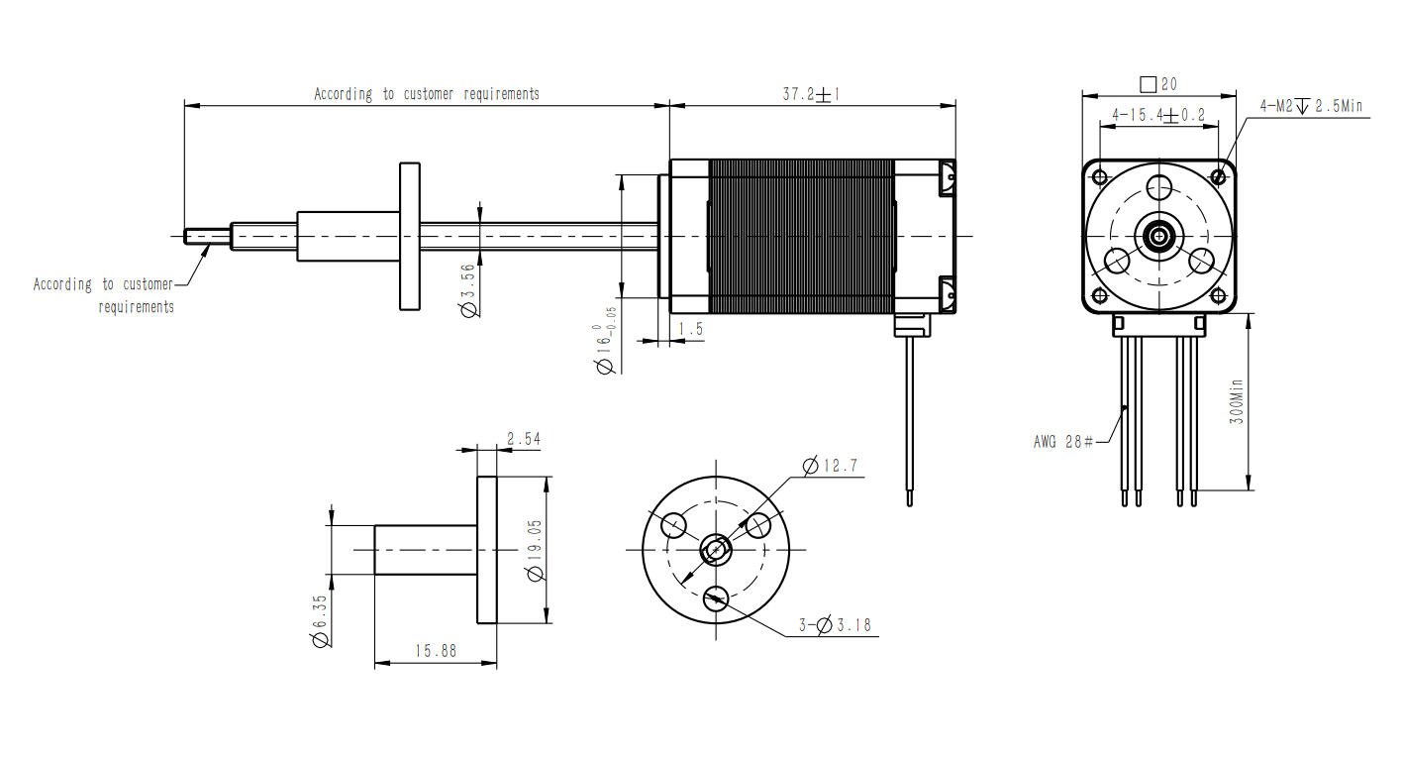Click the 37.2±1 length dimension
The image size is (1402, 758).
coord(811,94)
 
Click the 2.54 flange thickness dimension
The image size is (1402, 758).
coord(523,438)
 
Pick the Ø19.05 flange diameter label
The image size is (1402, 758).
coord(536,551)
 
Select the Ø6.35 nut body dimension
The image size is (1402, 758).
coord(319,621)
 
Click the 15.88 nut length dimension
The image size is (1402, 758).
coord(436,651)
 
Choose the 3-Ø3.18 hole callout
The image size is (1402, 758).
coord(835,625)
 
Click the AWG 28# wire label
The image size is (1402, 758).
coord(1062,442)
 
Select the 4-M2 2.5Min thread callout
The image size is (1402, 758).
coord(1311,106)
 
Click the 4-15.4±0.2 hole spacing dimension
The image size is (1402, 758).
coord(1158,115)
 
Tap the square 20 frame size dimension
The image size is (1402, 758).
coord(1158,84)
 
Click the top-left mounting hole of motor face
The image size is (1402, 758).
coord(1100,177)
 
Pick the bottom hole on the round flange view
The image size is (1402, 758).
coord(715,597)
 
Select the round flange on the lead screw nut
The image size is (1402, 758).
coord(409,236)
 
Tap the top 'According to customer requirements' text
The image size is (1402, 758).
coord(427,94)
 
